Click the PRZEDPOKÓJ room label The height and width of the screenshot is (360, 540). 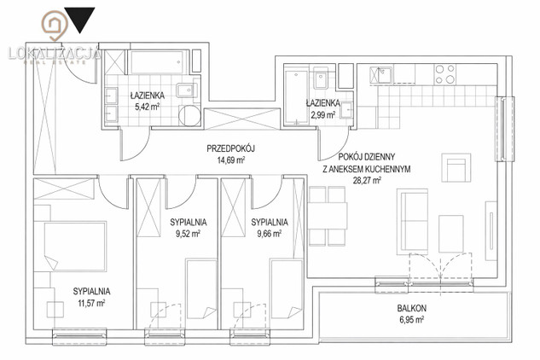click(230, 148)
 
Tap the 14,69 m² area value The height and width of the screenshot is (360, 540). click(231, 160)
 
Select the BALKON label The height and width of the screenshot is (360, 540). click(411, 308)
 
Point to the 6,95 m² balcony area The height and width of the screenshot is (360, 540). click(411, 319)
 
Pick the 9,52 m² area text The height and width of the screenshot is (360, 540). click(188, 234)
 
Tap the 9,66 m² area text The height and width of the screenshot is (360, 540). click(270, 234)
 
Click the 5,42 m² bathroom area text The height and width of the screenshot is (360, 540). click(147, 107)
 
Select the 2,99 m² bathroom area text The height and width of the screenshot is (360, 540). click(323, 114)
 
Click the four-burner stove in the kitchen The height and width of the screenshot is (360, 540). click(445, 74)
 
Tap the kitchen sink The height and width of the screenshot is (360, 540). click(380, 75)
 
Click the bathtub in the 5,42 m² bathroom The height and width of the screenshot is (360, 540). click(160, 62)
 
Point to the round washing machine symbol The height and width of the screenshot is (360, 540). click(189, 115)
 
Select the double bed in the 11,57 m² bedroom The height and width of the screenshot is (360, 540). click(75, 246)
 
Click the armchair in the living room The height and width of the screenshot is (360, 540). click(456, 167)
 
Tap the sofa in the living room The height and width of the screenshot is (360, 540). click(412, 222)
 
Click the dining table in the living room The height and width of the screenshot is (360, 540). click(328, 216)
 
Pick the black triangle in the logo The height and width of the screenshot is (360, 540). click(80, 20)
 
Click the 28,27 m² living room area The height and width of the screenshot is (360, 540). click(367, 180)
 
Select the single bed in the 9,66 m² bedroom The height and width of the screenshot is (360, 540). click(287, 289)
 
